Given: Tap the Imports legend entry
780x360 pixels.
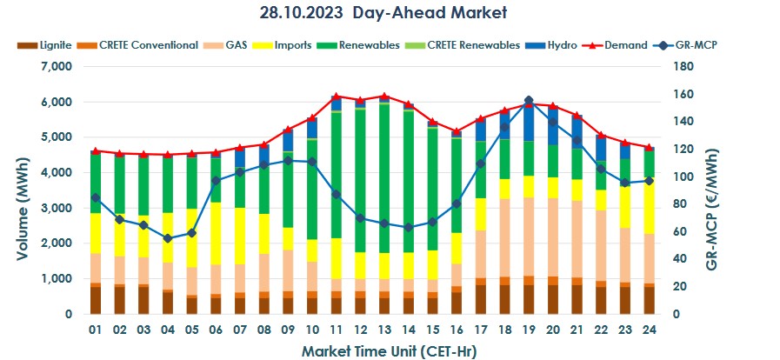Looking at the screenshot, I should tap(277, 44).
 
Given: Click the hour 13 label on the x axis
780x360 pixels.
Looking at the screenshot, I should tap(384, 330).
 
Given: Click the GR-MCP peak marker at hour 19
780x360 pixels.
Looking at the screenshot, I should tap(528, 100).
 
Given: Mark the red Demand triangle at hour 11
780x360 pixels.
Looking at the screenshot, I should tap(337, 96).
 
